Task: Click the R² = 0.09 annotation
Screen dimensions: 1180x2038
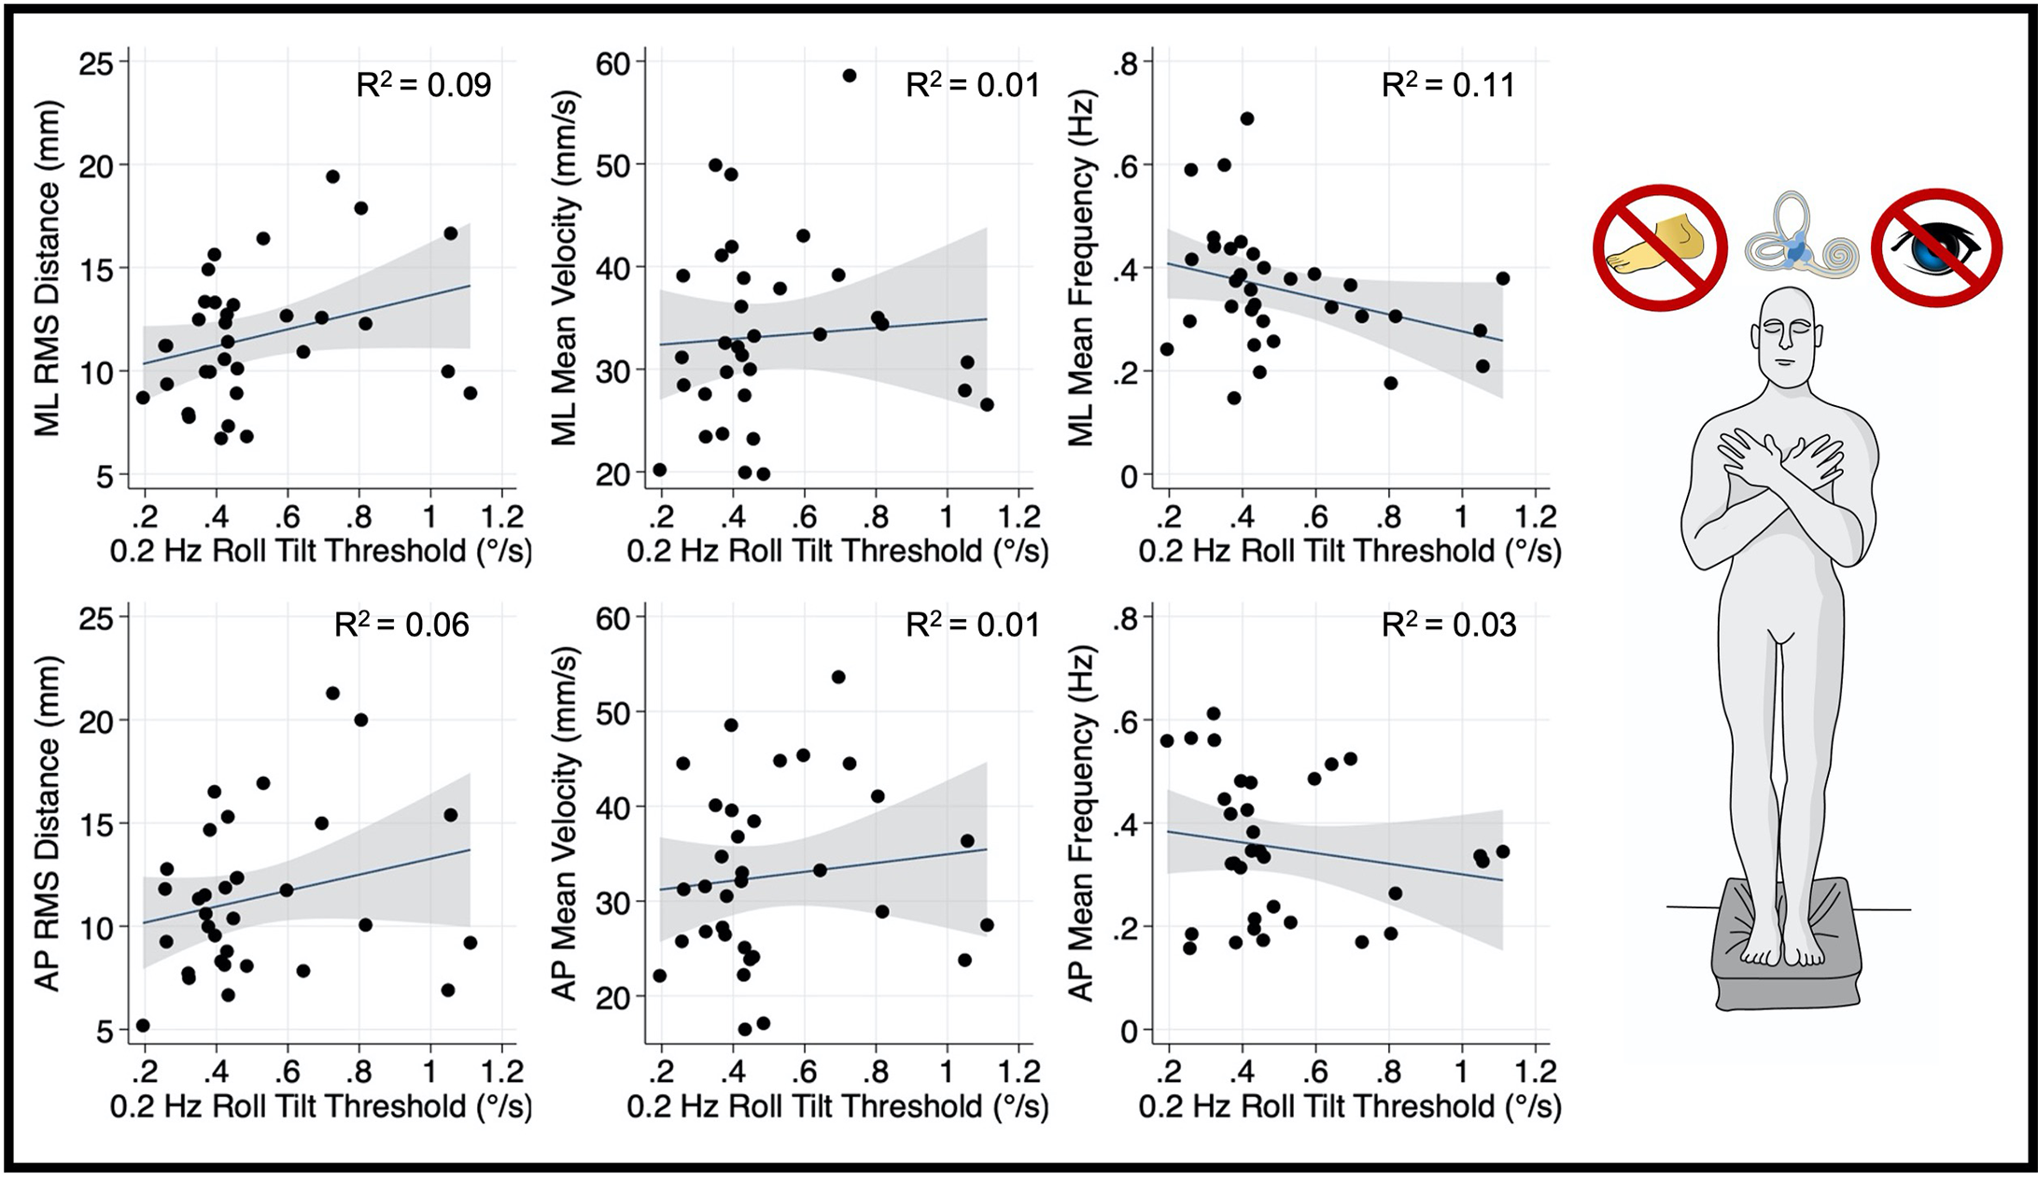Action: pos(424,86)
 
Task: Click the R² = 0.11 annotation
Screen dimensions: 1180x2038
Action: pos(1448,86)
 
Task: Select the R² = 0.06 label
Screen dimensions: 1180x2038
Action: pos(401,625)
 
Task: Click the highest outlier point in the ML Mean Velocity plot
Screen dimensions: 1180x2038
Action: pos(849,76)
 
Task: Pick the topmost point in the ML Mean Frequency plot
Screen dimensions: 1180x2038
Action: pos(1246,119)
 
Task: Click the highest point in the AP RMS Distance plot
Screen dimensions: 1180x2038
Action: pos(332,693)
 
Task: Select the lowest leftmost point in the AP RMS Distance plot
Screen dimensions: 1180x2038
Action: pos(143,1025)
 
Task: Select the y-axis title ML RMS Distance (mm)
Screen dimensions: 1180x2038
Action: pos(47,269)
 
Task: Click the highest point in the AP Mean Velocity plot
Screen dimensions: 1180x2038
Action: pos(837,677)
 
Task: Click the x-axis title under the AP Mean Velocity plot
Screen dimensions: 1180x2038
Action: pos(837,1107)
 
